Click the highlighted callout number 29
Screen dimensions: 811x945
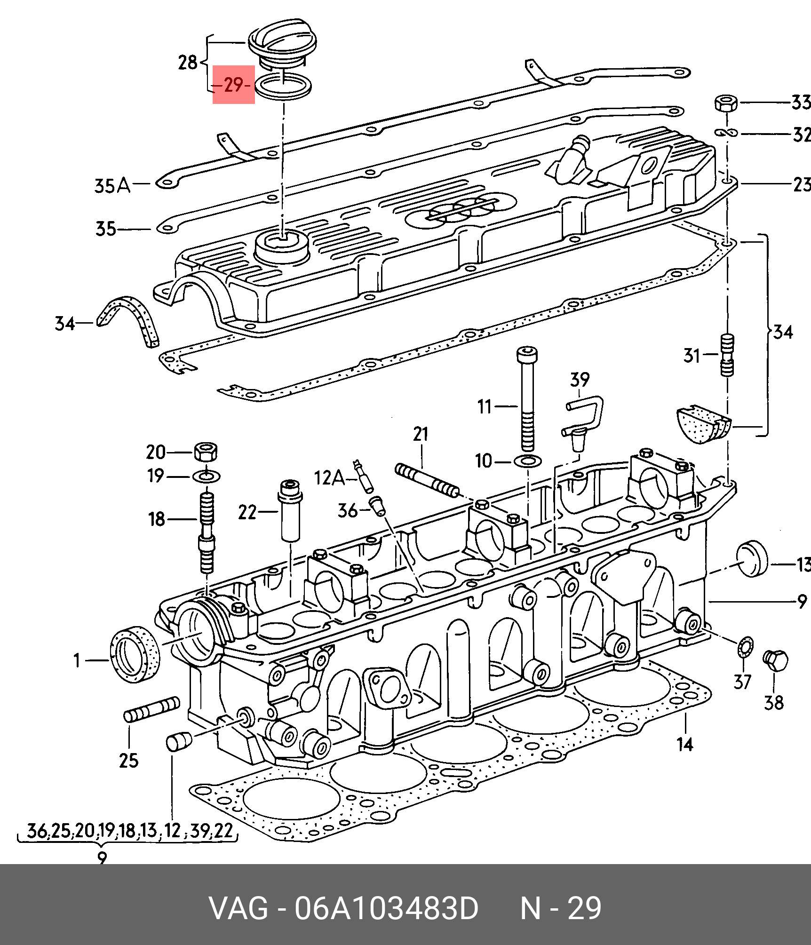(x=234, y=85)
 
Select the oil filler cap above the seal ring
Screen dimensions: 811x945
(x=281, y=47)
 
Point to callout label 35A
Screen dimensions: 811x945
(x=112, y=186)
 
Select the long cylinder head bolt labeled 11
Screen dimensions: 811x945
(x=527, y=399)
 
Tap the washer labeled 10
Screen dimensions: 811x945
(x=528, y=461)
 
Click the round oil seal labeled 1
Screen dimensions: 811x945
(x=135, y=654)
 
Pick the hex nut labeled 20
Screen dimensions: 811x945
(x=206, y=452)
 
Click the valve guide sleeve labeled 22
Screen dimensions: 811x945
(x=291, y=510)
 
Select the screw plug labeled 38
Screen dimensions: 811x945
(x=775, y=661)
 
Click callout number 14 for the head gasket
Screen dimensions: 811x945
(x=684, y=745)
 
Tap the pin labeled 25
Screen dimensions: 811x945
(x=151, y=709)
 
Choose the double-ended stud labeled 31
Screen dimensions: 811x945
(x=727, y=355)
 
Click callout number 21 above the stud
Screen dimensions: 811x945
(x=421, y=434)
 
